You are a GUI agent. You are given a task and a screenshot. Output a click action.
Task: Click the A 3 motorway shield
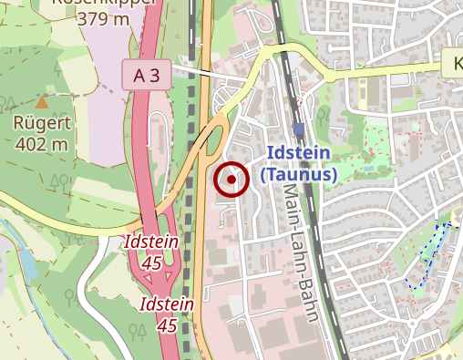coord(148,76)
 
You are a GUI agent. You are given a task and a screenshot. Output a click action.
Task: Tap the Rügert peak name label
coord(41,123)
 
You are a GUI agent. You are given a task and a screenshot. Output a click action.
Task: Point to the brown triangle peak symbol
coord(43,102)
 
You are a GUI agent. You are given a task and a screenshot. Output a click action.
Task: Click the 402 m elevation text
coord(41,143)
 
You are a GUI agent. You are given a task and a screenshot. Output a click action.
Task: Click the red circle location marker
coord(231,180)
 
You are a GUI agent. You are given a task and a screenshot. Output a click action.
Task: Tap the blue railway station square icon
coord(299,129)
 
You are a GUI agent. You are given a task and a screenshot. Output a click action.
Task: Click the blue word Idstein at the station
coord(299,155)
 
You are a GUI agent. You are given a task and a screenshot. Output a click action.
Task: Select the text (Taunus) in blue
coord(299,173)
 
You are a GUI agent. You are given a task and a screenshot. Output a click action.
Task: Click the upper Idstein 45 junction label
coord(146,252)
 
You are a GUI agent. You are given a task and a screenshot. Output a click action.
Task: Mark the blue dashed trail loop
coord(431,255)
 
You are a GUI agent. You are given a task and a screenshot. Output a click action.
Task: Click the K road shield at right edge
coord(453,65)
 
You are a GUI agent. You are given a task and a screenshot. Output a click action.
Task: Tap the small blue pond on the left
coord(26,263)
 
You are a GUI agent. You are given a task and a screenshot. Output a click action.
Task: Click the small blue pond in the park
coord(368,168)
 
